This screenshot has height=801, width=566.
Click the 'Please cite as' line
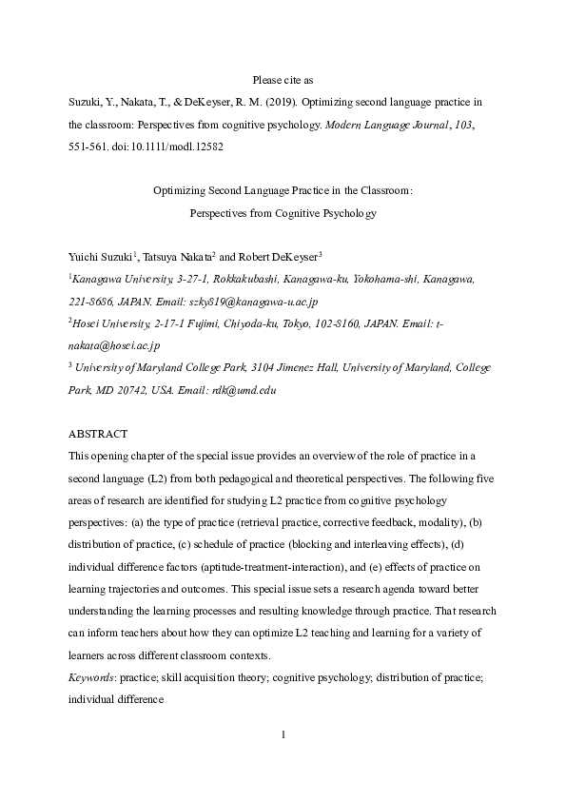tap(283, 80)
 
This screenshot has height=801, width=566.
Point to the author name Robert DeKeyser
tap(278, 256)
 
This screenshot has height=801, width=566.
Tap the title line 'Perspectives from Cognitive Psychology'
tap(283, 213)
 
